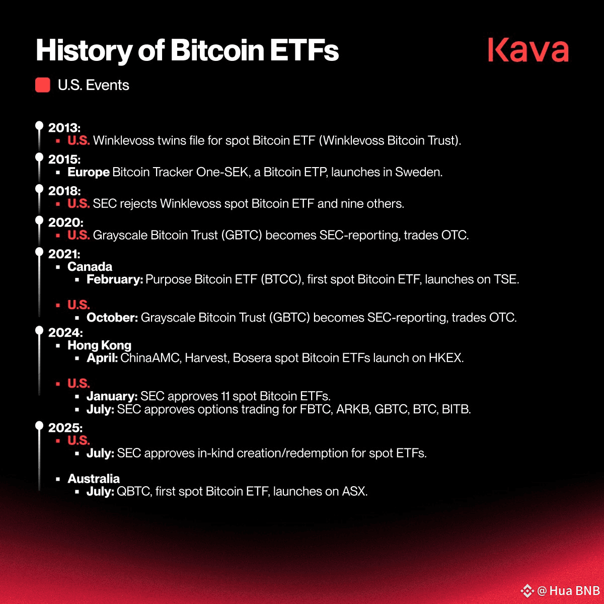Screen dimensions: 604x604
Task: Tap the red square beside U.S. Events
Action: [x=43, y=85]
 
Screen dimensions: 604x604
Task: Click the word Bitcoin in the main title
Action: [x=217, y=50]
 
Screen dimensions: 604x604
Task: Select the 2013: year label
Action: [x=64, y=127]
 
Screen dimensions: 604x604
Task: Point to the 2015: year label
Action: [x=64, y=159]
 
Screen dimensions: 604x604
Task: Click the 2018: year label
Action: [x=64, y=191]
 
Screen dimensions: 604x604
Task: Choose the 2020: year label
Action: [x=66, y=222]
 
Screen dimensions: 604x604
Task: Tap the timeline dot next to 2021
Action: [x=39, y=252]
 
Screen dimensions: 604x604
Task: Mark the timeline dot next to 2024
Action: [x=39, y=330]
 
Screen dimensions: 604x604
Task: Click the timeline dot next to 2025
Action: [x=39, y=425]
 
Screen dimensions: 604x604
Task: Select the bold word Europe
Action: [x=89, y=172]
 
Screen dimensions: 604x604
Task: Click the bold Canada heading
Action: [x=90, y=266]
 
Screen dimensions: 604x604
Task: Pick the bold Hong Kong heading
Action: [x=99, y=345]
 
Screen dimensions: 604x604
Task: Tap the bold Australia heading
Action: [x=94, y=479]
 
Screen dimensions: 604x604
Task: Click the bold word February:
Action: [x=115, y=279]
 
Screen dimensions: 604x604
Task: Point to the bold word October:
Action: [x=112, y=318]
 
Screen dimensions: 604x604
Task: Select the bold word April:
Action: [x=102, y=358]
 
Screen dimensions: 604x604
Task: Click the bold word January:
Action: [x=112, y=396]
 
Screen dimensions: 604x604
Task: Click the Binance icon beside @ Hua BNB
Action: [x=527, y=590]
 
